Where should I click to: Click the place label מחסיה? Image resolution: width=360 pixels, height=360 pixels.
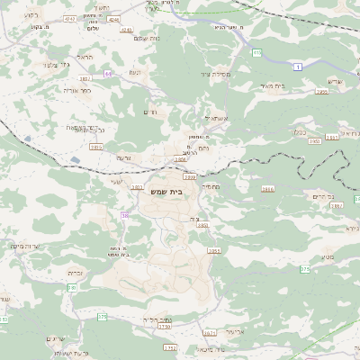point(211,185)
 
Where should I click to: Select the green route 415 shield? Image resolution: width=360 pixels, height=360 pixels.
point(257,53)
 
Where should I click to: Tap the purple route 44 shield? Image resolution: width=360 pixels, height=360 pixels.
point(109,73)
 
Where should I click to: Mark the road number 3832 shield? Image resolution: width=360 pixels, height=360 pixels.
point(85,78)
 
